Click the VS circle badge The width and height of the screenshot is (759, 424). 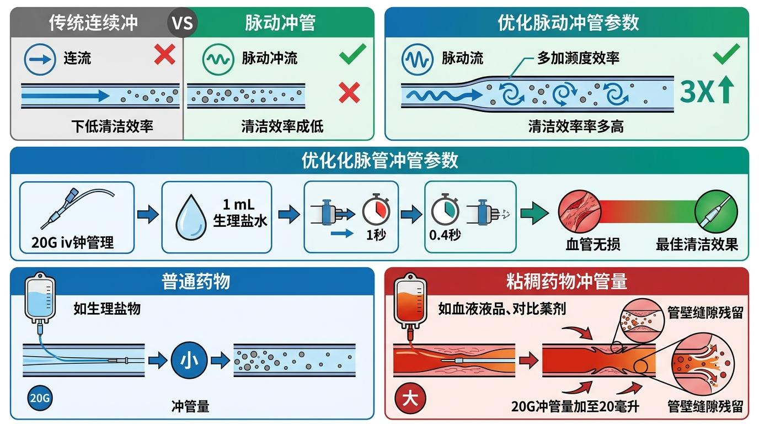182,24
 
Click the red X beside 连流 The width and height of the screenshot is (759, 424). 164,55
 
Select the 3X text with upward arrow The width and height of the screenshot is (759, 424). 707,92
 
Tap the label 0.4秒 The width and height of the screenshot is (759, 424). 445,235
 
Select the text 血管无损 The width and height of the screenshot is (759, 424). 593,243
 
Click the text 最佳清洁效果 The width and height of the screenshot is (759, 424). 697,243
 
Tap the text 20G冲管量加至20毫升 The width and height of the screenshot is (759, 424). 575,407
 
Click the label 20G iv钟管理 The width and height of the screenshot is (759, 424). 73,242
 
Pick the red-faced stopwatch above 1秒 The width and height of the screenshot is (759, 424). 376,210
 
